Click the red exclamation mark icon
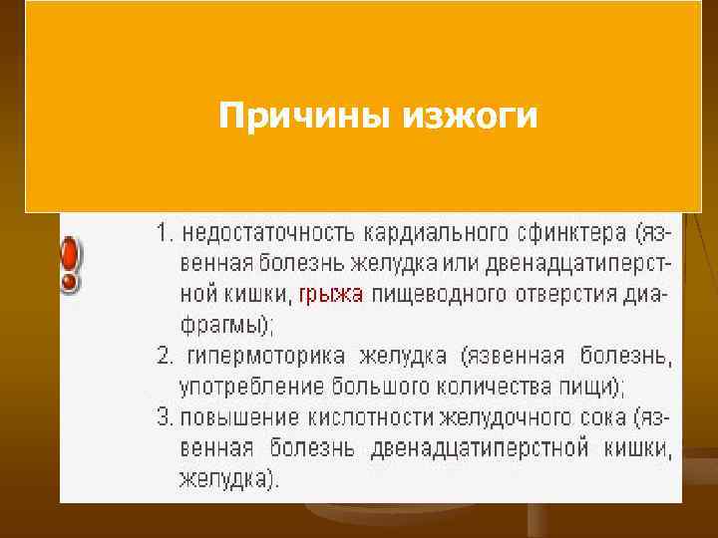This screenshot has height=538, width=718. (x=70, y=264)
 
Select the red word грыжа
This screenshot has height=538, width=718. (x=332, y=294)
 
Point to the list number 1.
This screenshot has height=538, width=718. (x=164, y=234)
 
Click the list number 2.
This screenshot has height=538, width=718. (x=164, y=355)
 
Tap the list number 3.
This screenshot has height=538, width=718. (x=164, y=416)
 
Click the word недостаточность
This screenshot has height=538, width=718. (x=257, y=234)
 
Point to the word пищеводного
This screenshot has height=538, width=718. (x=428, y=294)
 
